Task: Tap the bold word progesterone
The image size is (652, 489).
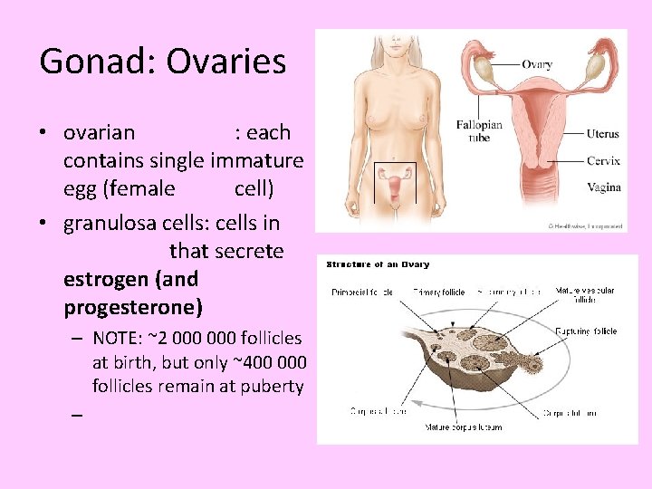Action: click(x=133, y=306)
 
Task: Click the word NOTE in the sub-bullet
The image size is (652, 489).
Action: click(x=116, y=339)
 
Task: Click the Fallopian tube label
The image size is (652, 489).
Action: click(x=473, y=130)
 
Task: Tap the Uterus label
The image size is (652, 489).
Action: click(x=602, y=134)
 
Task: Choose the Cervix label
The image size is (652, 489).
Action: click(x=603, y=161)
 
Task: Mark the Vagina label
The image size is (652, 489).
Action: click(x=603, y=187)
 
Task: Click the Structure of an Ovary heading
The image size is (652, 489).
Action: click(x=378, y=264)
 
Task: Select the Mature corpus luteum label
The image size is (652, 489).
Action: click(x=464, y=427)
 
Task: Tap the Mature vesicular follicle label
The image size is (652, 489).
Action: click(x=584, y=295)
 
